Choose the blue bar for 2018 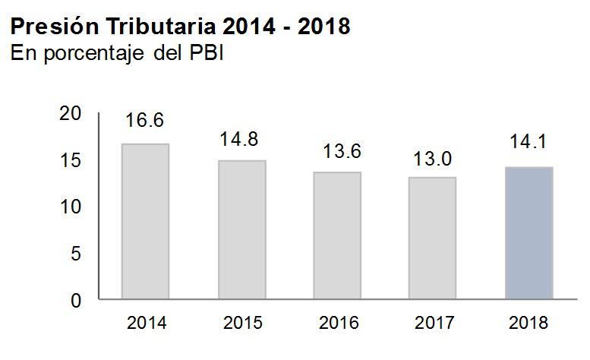528,233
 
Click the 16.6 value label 145,121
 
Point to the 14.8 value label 241,139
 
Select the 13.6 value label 337,150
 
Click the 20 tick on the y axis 70,113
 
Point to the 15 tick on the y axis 70,160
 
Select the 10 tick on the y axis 70,207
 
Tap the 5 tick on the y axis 75,254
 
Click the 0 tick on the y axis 75,301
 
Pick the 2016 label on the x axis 337,323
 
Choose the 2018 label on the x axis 528,323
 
